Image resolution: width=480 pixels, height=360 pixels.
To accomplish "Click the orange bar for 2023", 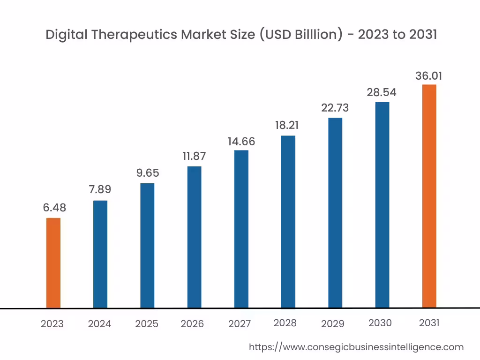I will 53,263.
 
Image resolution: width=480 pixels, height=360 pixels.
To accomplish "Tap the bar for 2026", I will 194,237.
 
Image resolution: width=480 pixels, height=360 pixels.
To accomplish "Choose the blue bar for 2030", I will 382,205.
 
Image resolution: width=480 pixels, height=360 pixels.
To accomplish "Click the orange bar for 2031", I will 429,196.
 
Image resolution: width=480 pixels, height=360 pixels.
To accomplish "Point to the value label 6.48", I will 54,208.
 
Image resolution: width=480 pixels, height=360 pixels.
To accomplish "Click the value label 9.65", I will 148,173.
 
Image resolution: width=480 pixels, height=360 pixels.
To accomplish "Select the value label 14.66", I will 241,141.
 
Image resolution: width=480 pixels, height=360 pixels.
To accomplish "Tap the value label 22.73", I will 335,108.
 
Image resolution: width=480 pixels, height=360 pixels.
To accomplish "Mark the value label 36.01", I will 428,76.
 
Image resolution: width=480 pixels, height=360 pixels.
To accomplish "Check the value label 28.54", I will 382,92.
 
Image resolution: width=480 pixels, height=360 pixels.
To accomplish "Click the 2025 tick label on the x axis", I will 147,324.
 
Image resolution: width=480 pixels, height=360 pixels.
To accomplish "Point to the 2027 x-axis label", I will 240,324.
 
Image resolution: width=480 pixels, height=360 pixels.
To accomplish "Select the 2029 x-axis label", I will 332,323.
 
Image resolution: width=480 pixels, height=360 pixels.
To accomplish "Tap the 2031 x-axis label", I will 429,323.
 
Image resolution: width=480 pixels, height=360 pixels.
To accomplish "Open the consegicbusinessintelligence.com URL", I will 356,347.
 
